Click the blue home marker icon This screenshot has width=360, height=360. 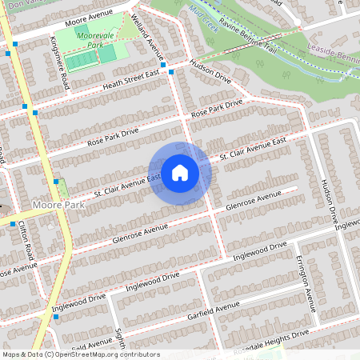tap(180, 172)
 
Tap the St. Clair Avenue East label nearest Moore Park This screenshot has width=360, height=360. tap(127, 184)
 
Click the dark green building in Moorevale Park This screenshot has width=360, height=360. tap(83, 30)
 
